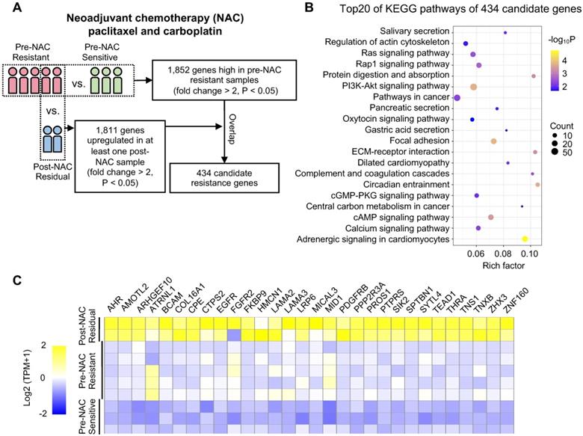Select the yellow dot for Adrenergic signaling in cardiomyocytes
525,239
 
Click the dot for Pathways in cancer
457,98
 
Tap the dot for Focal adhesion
493,141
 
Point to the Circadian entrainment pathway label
406,184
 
